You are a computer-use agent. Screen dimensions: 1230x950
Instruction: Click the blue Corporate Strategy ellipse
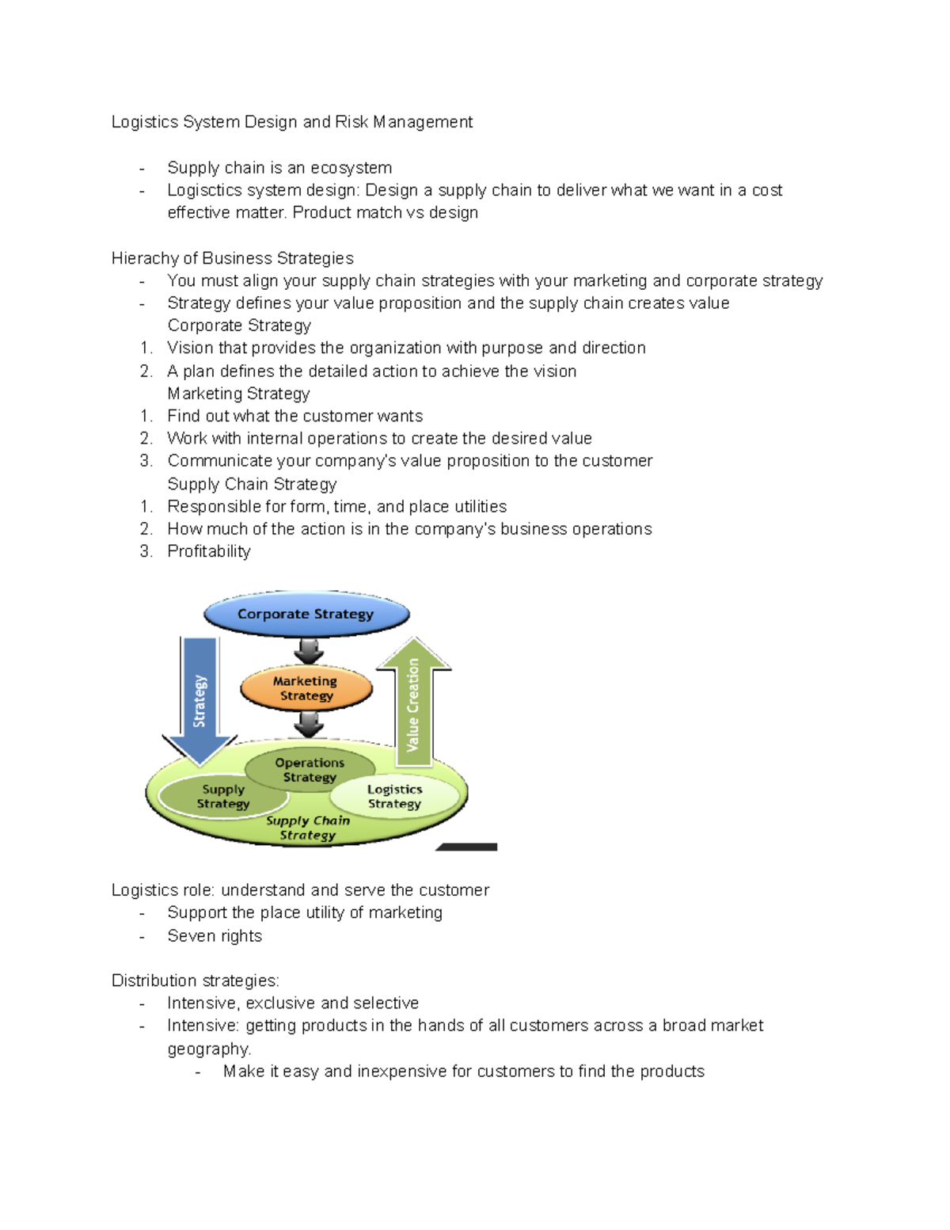(306, 614)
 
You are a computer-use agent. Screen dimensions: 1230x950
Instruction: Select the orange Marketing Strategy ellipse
(306, 688)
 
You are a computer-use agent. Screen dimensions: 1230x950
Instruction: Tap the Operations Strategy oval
(310, 769)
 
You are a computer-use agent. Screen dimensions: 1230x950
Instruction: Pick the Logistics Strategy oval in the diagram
(394, 796)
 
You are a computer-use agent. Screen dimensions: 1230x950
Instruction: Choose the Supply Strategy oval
(222, 796)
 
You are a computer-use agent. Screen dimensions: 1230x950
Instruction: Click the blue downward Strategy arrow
(199, 697)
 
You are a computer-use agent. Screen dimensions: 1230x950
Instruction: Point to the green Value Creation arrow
(413, 701)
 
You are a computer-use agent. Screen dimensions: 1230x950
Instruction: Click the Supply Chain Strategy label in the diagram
(308, 828)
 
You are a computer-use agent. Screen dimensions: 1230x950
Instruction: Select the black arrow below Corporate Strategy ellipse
(308, 651)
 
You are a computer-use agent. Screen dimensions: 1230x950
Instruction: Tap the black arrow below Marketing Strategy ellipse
(308, 723)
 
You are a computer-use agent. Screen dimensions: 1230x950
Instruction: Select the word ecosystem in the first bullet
(351, 168)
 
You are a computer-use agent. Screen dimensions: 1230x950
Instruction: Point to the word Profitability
(209, 551)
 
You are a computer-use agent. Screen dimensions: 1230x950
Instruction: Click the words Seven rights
(215, 935)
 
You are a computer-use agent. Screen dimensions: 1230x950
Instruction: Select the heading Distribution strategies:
(195, 981)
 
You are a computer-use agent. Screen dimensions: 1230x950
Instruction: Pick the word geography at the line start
(208, 1049)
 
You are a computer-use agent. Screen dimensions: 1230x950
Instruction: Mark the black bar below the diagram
(467, 847)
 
